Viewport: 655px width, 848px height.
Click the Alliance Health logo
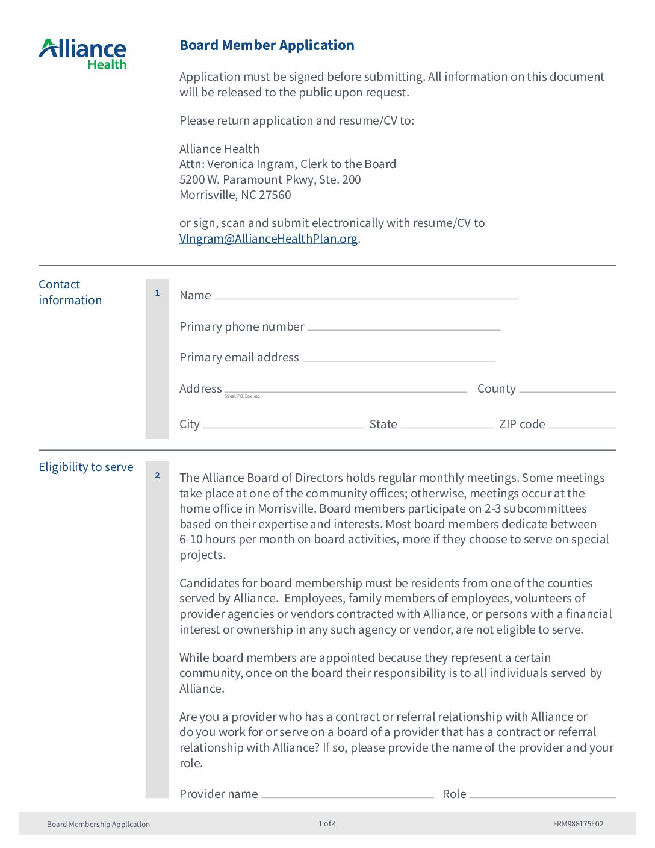coord(82,54)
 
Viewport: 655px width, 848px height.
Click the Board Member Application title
coord(267,45)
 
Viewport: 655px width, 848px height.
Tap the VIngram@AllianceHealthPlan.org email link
coord(269,238)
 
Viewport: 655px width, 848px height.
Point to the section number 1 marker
coord(157,293)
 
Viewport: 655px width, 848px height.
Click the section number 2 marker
coord(157,475)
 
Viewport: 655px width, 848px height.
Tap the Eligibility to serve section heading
coord(86,467)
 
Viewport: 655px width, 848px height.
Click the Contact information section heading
coord(70,292)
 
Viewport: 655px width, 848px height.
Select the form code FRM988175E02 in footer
coord(578,824)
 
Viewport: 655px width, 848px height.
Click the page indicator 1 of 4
coord(327,824)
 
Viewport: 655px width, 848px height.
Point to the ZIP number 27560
coord(275,195)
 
